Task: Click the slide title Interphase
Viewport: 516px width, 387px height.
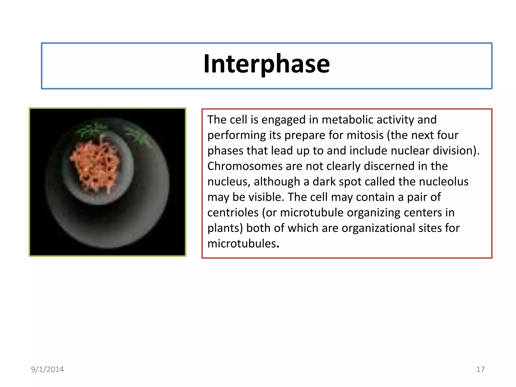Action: pos(267,64)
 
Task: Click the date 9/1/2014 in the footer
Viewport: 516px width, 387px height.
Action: pos(47,369)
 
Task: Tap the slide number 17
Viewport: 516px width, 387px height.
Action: pos(480,369)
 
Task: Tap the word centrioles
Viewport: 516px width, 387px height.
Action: pos(233,213)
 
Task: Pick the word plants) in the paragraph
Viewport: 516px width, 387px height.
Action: pos(225,228)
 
